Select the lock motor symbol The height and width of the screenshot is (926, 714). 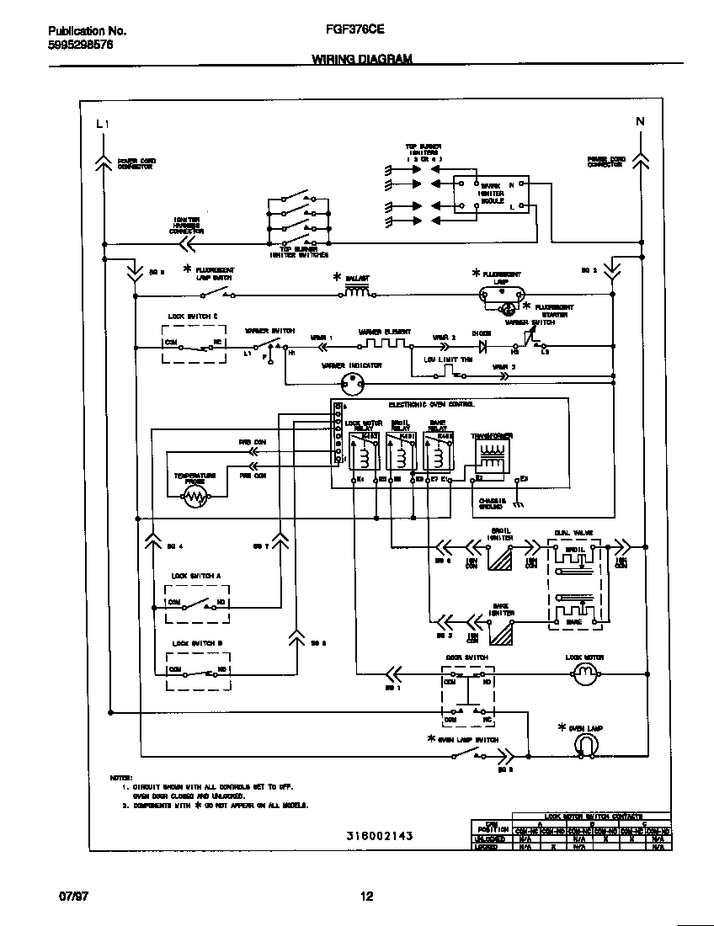click(x=584, y=672)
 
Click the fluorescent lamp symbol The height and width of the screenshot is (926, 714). click(x=502, y=294)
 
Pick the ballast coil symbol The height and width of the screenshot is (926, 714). click(x=357, y=291)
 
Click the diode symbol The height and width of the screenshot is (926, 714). click(x=483, y=346)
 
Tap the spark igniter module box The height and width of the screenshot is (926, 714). click(x=491, y=194)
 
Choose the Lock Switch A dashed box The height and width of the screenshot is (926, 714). click(x=198, y=604)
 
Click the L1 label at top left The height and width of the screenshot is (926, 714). click(x=103, y=124)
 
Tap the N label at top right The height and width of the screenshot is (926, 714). click(x=640, y=121)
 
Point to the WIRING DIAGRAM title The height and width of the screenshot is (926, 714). click(x=362, y=59)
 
